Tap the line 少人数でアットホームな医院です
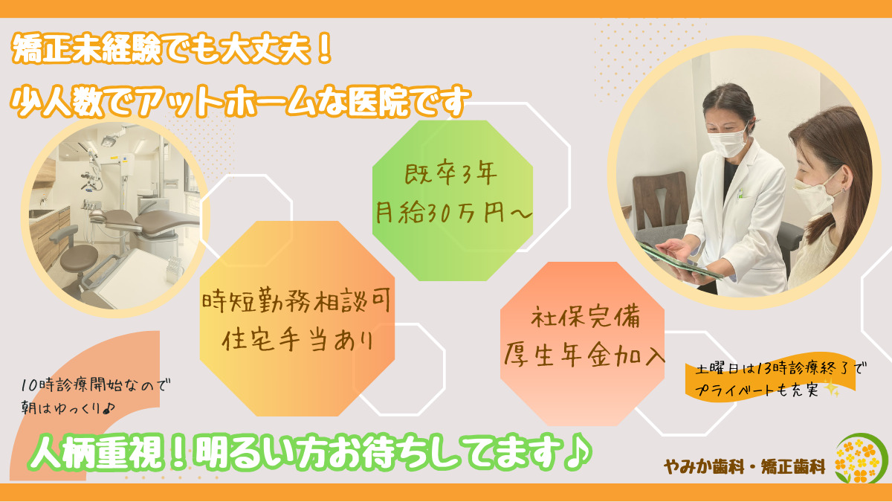[241, 102]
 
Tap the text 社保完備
[586, 318]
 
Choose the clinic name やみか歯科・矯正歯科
[744, 467]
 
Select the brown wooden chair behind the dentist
[658, 201]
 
